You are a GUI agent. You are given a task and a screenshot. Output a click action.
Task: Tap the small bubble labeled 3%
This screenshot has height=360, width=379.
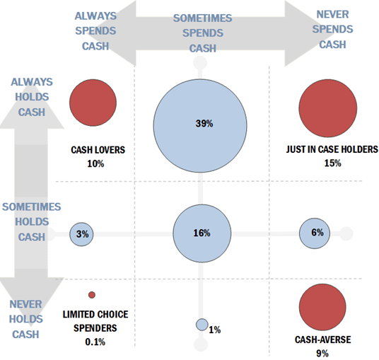[81, 233]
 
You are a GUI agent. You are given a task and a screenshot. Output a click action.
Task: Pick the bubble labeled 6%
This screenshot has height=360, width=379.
[316, 233]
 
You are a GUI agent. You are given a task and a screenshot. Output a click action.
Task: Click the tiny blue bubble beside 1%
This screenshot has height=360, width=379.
[202, 325]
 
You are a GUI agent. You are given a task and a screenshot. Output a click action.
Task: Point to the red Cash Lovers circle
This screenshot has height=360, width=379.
[93, 103]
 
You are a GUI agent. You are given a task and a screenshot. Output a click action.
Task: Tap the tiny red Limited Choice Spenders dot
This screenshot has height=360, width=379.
[91, 295]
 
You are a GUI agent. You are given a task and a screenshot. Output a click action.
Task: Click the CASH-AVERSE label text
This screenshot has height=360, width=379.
[322, 340]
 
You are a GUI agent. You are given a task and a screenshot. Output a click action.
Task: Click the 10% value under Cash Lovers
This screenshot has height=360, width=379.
[95, 163]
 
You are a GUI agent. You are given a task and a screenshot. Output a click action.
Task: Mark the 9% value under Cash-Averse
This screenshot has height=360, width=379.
[322, 353]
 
